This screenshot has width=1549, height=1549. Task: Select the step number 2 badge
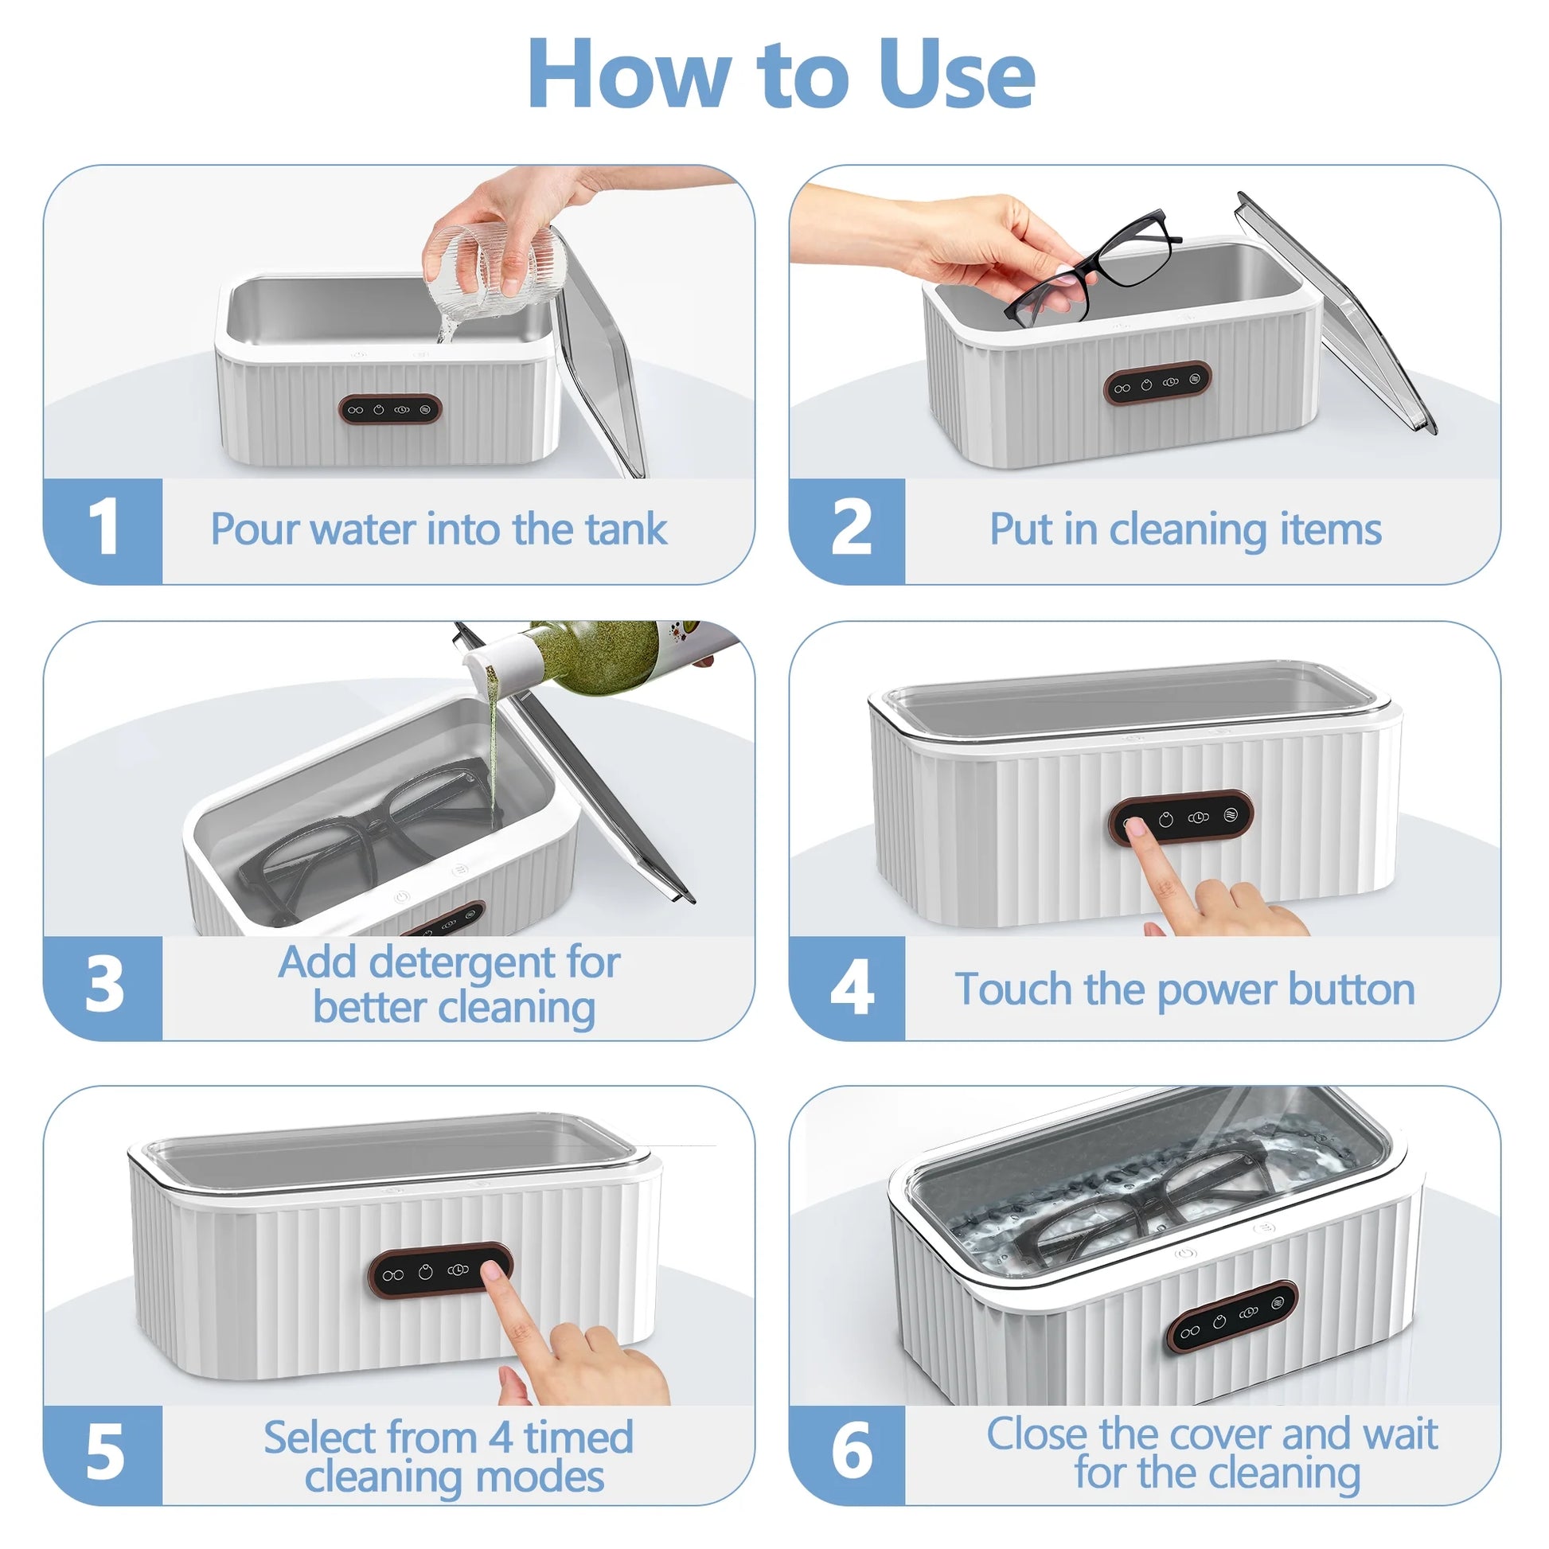tap(851, 529)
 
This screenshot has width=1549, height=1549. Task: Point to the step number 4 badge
tap(851, 988)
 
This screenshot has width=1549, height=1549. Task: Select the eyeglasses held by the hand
tap(1091, 268)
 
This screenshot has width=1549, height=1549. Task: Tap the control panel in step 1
tap(391, 410)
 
